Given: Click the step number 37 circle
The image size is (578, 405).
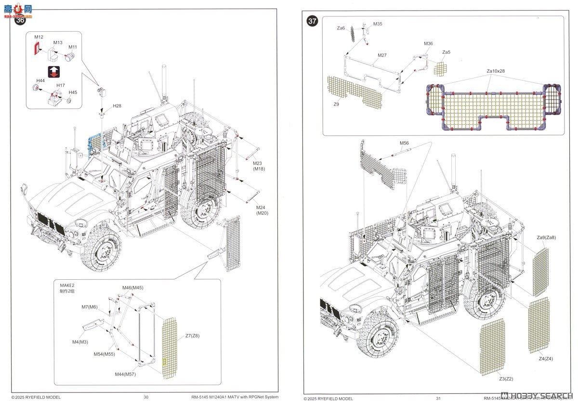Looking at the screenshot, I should point(313,21).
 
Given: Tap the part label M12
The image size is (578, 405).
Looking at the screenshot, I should point(39,37).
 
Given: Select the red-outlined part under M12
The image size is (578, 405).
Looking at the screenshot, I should point(37,48).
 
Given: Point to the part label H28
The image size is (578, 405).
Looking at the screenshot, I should point(117,105).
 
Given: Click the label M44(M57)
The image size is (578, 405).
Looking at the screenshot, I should point(125,374).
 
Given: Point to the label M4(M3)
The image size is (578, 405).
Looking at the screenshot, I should point(80,342).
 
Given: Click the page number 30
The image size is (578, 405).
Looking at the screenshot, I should point(146,397).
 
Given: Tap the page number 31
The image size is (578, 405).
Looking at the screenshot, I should point(438,398).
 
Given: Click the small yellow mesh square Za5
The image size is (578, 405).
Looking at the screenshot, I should point(440,68).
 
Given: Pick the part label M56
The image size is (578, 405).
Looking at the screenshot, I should point(404,143).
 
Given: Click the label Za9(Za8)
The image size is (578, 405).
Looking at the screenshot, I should point(546,237).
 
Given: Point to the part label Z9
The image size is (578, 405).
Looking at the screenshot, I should point(335,104).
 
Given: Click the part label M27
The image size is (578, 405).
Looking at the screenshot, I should point(381,55).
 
